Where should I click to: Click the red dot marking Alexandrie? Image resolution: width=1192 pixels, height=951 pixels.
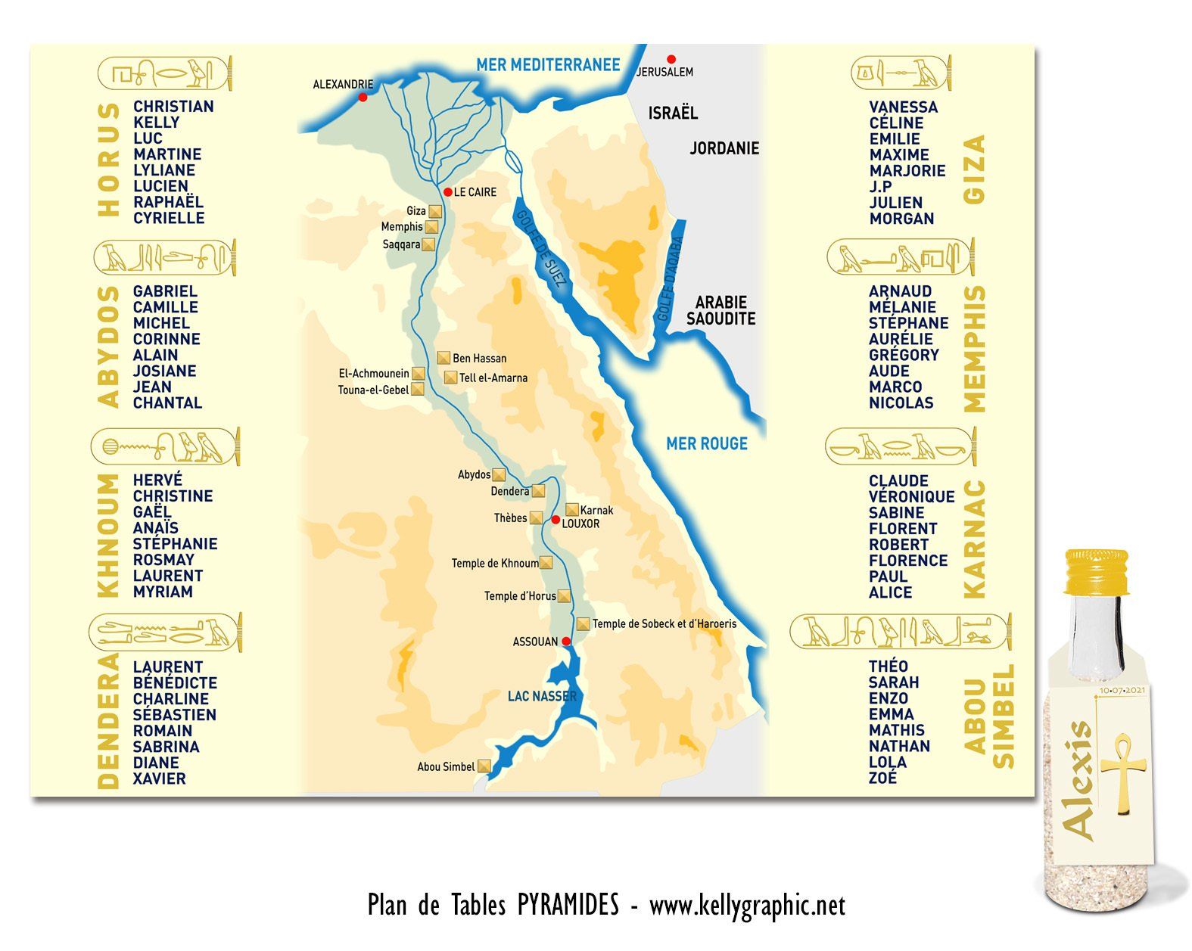(x=363, y=97)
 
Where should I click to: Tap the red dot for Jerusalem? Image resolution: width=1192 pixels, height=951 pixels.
(x=671, y=59)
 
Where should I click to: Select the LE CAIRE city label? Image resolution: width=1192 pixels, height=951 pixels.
(x=475, y=192)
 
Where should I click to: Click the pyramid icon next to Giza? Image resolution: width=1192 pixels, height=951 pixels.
(x=435, y=211)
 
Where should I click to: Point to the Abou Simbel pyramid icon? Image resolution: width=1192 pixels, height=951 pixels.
(x=484, y=766)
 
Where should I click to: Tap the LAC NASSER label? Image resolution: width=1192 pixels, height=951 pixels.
(x=542, y=696)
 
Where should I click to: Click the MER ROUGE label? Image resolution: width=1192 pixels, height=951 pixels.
(x=706, y=443)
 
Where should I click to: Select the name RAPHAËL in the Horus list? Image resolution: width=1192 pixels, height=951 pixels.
(x=168, y=202)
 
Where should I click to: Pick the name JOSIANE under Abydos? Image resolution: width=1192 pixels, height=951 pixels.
(x=164, y=371)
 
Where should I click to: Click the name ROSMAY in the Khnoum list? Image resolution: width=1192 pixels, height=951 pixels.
(x=163, y=560)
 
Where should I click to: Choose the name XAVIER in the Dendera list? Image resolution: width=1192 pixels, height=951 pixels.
(x=159, y=779)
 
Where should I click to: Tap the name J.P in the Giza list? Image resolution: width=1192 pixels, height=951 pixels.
(x=880, y=186)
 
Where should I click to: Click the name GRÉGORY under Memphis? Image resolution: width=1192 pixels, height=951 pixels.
(x=904, y=355)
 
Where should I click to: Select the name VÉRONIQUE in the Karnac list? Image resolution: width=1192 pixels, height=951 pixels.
(x=911, y=496)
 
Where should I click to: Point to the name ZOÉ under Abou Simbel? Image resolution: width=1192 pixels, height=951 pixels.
(x=882, y=778)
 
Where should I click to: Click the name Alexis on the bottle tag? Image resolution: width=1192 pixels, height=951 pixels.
(x=1078, y=779)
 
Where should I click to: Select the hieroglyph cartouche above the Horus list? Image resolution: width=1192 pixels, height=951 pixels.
(x=165, y=74)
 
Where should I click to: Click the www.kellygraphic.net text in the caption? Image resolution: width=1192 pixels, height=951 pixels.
(x=747, y=905)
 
